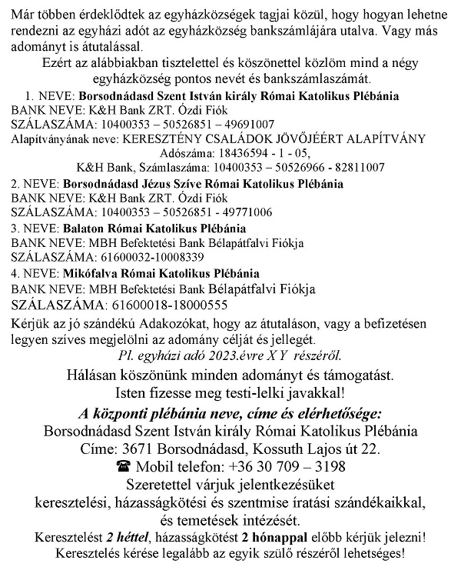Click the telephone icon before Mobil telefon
122,467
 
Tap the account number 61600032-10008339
143,257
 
